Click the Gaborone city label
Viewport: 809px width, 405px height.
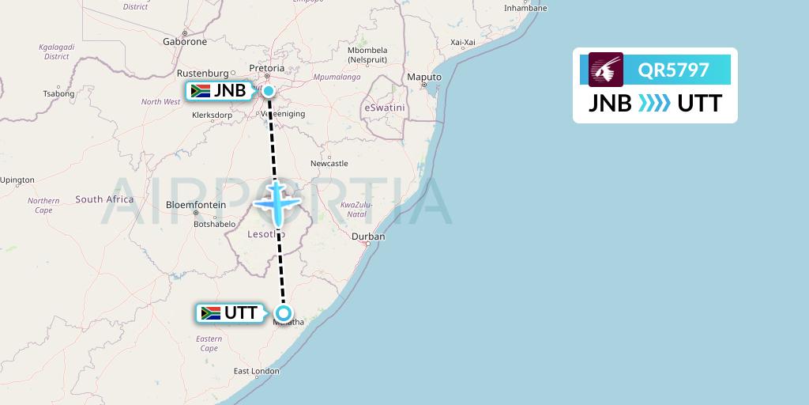click(x=184, y=41)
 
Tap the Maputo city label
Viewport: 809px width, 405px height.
click(x=423, y=77)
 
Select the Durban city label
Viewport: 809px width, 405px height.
click(x=368, y=237)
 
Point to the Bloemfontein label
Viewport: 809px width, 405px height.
click(x=196, y=205)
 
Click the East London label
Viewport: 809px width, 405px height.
click(x=256, y=371)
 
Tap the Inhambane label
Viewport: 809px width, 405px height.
click(x=525, y=8)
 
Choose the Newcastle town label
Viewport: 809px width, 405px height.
click(x=329, y=164)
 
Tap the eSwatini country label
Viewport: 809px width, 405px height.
click(x=384, y=107)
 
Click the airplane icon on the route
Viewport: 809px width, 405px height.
click(x=276, y=203)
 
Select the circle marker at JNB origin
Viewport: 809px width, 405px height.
click(x=269, y=91)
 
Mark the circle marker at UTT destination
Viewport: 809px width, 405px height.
click(x=284, y=312)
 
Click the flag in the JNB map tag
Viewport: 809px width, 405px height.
click(x=200, y=90)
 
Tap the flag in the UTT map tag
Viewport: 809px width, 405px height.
click(x=211, y=312)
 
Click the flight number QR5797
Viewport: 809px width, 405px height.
click(x=674, y=70)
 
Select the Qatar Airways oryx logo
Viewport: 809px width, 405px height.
click(x=606, y=70)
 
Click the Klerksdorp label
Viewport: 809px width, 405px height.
click(x=212, y=115)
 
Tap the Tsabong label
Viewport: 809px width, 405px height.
click(x=58, y=93)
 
